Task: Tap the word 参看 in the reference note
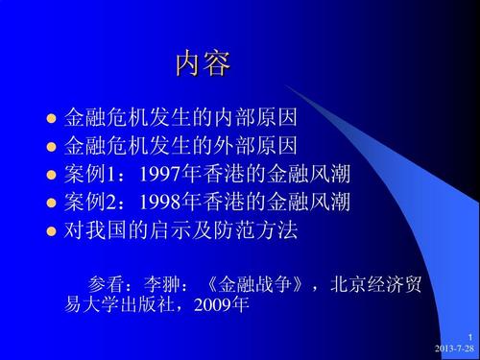click(x=105, y=285)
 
